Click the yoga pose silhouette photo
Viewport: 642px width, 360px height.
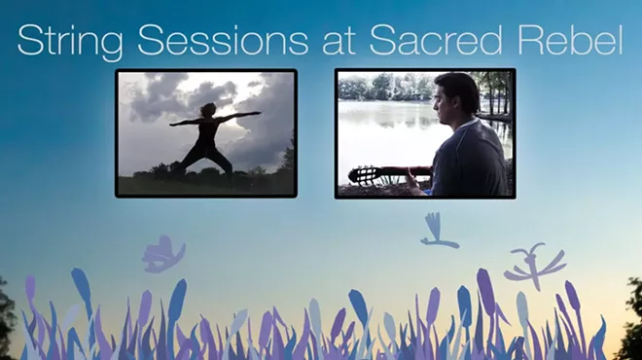click(205, 133)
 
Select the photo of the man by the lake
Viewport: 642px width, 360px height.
click(425, 133)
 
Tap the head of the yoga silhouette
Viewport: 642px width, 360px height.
click(207, 109)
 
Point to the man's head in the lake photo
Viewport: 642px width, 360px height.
click(456, 96)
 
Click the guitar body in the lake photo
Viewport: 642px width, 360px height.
click(368, 176)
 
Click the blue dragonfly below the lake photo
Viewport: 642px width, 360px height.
click(436, 233)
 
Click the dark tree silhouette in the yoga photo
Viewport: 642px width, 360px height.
click(285, 161)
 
